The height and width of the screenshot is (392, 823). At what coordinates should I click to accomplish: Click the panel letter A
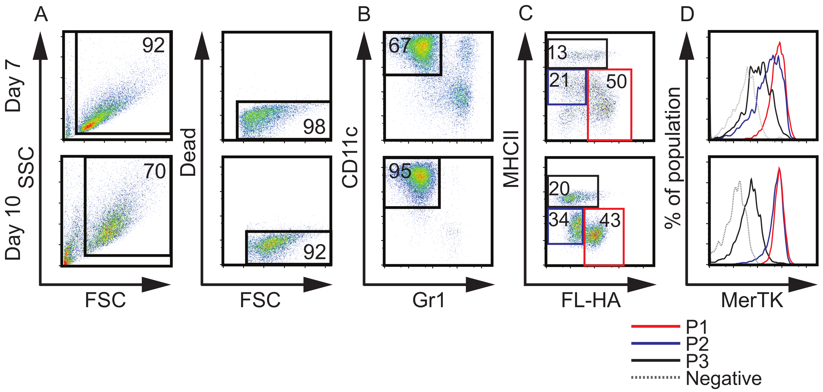click(41, 15)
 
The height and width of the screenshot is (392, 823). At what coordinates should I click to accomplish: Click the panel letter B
click(364, 15)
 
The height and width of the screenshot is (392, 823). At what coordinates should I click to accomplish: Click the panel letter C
click(526, 14)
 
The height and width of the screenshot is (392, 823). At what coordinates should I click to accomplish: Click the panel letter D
click(687, 15)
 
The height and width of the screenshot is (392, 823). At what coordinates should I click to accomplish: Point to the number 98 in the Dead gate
click(314, 127)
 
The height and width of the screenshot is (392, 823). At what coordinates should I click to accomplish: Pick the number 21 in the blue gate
click(559, 80)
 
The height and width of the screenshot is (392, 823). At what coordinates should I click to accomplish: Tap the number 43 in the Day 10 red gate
click(610, 220)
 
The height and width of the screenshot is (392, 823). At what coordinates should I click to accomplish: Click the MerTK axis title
click(752, 301)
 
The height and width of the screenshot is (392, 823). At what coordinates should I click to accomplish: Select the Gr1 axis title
click(428, 301)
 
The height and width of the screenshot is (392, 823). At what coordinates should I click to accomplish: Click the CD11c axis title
click(350, 157)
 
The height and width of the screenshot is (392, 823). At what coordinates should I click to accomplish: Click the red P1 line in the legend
click(656, 326)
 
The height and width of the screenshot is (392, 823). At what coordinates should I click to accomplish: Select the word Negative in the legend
click(724, 378)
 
